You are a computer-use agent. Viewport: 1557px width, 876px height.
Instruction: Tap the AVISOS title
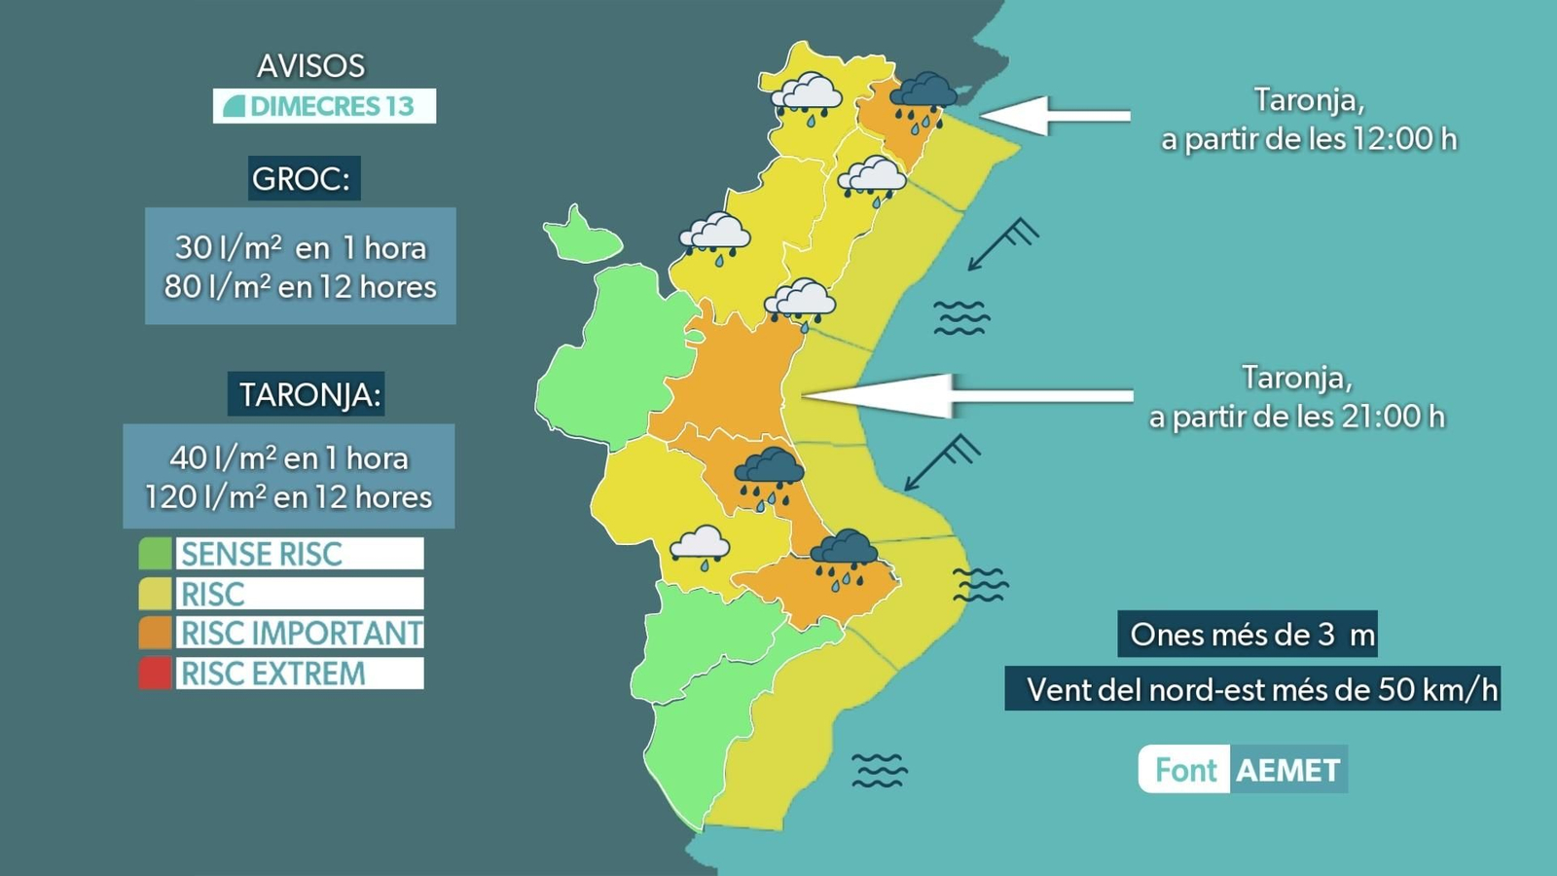coord(310,65)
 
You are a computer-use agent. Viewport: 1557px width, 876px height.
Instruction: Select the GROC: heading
coord(304,178)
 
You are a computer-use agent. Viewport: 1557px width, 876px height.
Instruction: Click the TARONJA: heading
coord(307,394)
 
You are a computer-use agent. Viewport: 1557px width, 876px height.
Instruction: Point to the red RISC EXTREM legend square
coord(155,674)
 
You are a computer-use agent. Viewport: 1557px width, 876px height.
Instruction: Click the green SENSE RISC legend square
coord(155,554)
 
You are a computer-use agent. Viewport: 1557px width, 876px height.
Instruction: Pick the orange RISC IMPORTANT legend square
coord(155,634)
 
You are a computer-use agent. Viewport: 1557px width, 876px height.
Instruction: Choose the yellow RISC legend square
coord(155,594)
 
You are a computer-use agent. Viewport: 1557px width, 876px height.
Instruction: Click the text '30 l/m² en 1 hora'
coord(300,247)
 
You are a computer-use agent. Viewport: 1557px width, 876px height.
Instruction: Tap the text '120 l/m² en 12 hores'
coord(288,497)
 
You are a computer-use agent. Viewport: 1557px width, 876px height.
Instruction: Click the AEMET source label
coord(1287,770)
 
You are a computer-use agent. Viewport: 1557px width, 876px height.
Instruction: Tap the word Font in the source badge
coord(1185,770)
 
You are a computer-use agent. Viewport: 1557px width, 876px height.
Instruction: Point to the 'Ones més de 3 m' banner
coord(1251,635)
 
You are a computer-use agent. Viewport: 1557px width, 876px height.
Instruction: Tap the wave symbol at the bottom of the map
coord(879,770)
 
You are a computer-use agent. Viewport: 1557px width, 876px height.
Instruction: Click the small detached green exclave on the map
coord(581,237)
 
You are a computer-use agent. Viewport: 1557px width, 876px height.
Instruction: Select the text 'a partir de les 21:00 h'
coord(1296,417)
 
